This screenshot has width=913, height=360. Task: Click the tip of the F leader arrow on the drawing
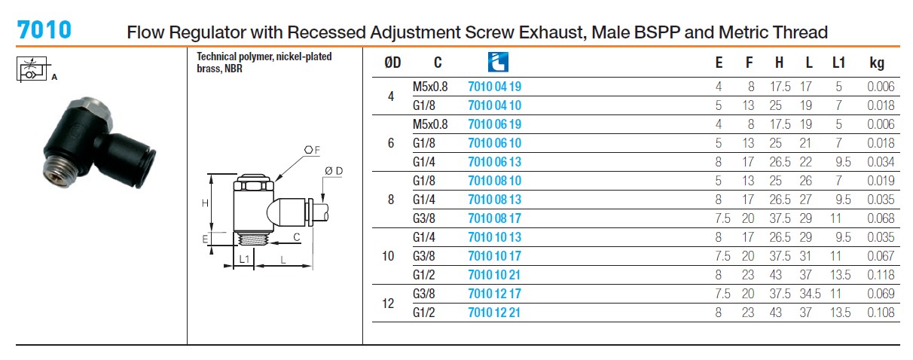[276, 181]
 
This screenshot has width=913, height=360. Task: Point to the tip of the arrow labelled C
[270, 243]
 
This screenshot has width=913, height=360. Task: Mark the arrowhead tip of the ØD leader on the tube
[324, 203]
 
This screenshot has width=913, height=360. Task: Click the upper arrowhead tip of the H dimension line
[211, 175]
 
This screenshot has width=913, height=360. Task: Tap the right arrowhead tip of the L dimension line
[312, 266]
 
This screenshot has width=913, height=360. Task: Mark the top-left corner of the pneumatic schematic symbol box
[17, 57]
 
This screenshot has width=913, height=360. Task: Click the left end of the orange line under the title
[16, 47]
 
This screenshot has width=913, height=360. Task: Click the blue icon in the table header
[498, 62]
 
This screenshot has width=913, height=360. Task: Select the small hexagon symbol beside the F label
[309, 150]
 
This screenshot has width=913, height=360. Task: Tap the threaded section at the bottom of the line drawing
[252, 239]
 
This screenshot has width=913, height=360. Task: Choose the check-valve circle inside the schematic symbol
[30, 75]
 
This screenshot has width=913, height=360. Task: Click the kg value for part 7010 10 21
[881, 275]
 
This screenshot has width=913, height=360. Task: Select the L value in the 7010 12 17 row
[810, 294]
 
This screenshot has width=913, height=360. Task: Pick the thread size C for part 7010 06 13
[423, 162]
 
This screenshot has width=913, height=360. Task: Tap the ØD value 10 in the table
[388, 256]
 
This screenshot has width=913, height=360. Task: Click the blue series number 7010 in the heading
[44, 30]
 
